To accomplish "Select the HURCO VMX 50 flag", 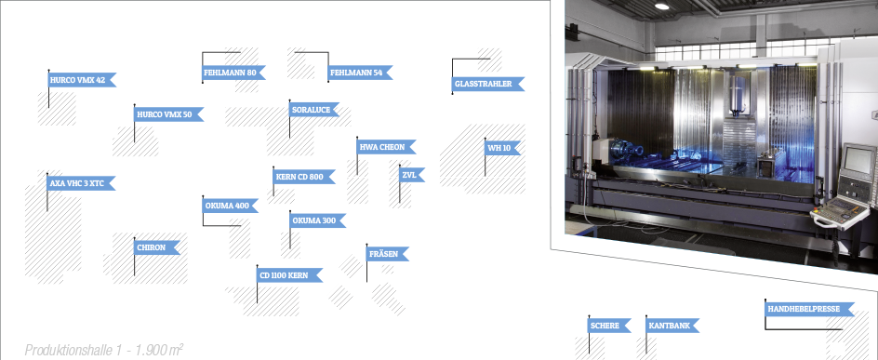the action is [x=168, y=114].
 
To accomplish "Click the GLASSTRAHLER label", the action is [x=487, y=84].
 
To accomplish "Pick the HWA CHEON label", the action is [x=386, y=147].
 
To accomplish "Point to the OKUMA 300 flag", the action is [x=317, y=220].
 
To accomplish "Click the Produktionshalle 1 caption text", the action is [x=104, y=350].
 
